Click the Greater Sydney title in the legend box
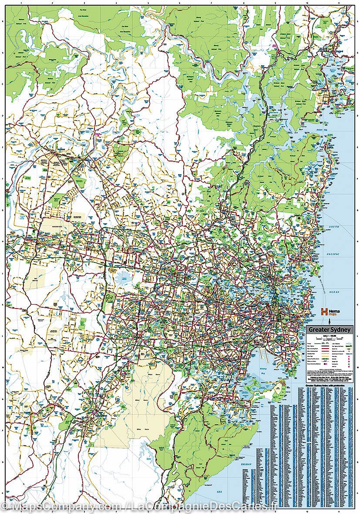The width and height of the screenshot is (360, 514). pos(329,330)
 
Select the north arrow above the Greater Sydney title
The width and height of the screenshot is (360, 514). pos(329,321)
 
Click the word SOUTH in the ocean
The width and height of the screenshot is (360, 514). pos(334,228)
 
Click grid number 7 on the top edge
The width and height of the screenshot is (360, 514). pos(212,3)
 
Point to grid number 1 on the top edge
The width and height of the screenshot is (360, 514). pos(20,3)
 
